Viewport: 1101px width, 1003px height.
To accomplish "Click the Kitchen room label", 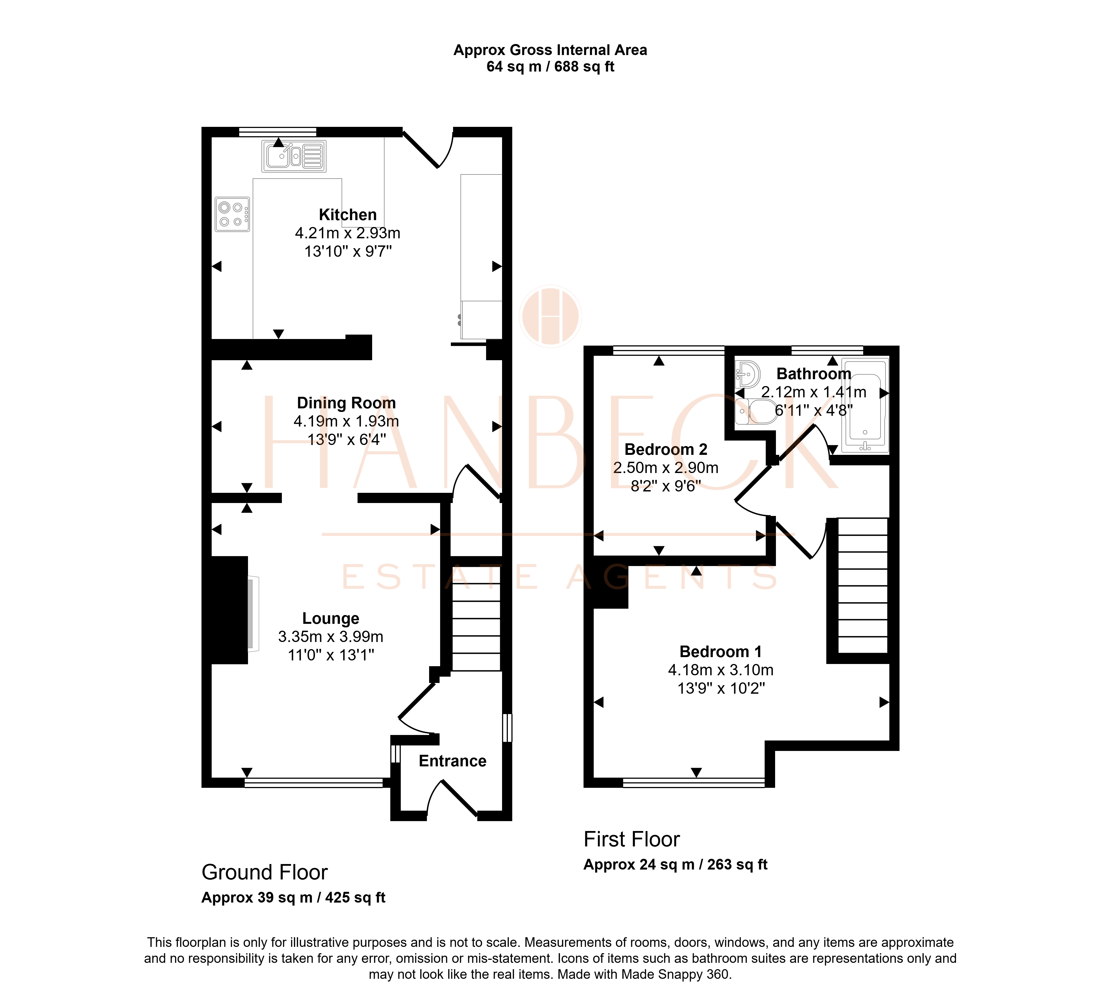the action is tap(348, 215).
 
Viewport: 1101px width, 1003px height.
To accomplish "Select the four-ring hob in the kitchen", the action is tap(232, 214).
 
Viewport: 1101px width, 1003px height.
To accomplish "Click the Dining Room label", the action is tap(346, 403).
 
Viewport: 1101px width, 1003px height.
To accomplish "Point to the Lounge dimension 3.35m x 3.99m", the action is tap(331, 637).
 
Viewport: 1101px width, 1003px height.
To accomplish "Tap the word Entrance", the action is tap(453, 761).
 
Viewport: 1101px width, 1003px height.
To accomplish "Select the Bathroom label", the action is tap(814, 374).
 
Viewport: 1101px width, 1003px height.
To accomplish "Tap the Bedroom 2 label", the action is tap(666, 449).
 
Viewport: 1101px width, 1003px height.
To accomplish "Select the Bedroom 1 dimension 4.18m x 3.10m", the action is tap(721, 670).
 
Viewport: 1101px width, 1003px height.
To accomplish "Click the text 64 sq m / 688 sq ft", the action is tap(550, 67).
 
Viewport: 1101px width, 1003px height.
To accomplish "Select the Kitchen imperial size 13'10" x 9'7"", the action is tap(348, 251).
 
